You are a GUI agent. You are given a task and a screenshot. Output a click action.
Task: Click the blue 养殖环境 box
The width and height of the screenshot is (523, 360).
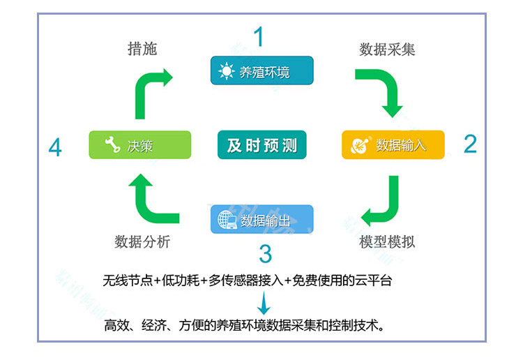pos(262,71)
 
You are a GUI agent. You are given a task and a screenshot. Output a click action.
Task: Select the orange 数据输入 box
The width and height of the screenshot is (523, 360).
pos(393,145)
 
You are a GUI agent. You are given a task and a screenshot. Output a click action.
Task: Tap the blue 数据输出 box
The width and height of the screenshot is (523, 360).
pos(262,220)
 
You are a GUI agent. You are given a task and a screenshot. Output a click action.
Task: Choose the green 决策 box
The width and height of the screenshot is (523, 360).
pos(139,145)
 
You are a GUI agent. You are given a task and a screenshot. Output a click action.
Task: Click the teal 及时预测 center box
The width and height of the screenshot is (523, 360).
pos(261,145)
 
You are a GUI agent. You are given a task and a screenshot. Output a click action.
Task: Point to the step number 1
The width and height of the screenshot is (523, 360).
pos(259,36)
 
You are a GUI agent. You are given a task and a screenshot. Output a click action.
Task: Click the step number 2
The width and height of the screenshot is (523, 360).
pos(471,144)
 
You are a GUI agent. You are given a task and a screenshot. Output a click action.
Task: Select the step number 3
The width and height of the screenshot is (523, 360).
pos(265,253)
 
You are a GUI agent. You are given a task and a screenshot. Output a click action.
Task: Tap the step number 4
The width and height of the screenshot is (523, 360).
pos(55,148)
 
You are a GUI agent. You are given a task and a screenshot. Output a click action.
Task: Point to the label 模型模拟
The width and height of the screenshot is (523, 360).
pos(387,242)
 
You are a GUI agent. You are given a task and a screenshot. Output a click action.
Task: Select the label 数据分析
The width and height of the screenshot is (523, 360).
pos(142,242)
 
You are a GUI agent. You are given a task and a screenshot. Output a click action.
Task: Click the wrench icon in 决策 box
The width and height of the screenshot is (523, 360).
pos(112,145)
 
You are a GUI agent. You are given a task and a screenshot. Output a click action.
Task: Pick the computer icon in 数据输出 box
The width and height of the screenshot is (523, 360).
pos(227,220)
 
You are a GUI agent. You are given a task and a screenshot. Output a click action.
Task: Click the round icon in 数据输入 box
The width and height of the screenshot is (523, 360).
pos(361,145)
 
